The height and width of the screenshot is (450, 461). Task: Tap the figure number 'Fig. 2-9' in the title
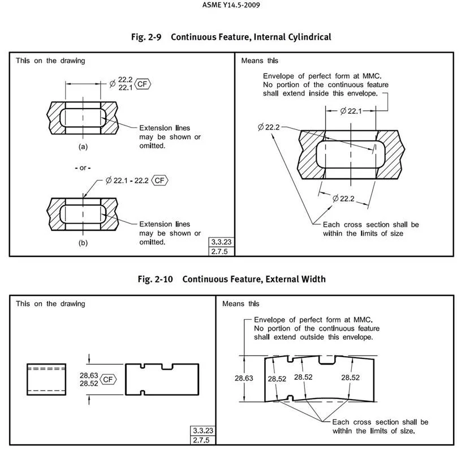tap(146, 37)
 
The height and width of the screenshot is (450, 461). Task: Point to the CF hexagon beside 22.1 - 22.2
tap(160, 181)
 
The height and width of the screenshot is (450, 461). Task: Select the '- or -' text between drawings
tap(83, 168)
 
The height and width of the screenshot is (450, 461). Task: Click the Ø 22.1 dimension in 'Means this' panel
tap(350, 112)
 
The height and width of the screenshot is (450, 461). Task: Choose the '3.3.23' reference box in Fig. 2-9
tap(221, 242)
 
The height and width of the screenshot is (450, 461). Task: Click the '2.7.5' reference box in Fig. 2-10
tap(202, 440)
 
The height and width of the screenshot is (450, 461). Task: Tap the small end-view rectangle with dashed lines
tap(46, 379)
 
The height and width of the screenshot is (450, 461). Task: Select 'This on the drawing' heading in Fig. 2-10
tap(50, 304)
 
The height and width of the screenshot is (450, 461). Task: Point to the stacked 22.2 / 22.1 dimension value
tap(125, 83)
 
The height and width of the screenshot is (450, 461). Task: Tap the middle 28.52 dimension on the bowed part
tap(304, 378)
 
